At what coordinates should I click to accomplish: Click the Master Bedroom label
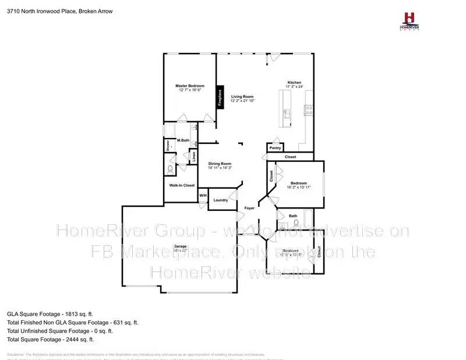190,86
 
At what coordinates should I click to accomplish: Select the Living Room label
242,97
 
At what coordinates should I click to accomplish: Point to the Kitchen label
294,82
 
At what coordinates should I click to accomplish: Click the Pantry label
275,148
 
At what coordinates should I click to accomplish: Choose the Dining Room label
220,164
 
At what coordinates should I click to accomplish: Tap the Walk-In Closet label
182,185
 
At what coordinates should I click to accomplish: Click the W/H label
203,195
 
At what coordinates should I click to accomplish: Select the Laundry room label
221,200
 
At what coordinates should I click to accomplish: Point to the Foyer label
249,207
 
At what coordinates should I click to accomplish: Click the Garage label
181,246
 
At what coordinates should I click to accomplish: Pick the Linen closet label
194,156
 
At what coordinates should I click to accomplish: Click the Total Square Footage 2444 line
50,339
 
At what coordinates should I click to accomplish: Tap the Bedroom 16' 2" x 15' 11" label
299,185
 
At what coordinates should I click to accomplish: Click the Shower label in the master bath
168,145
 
